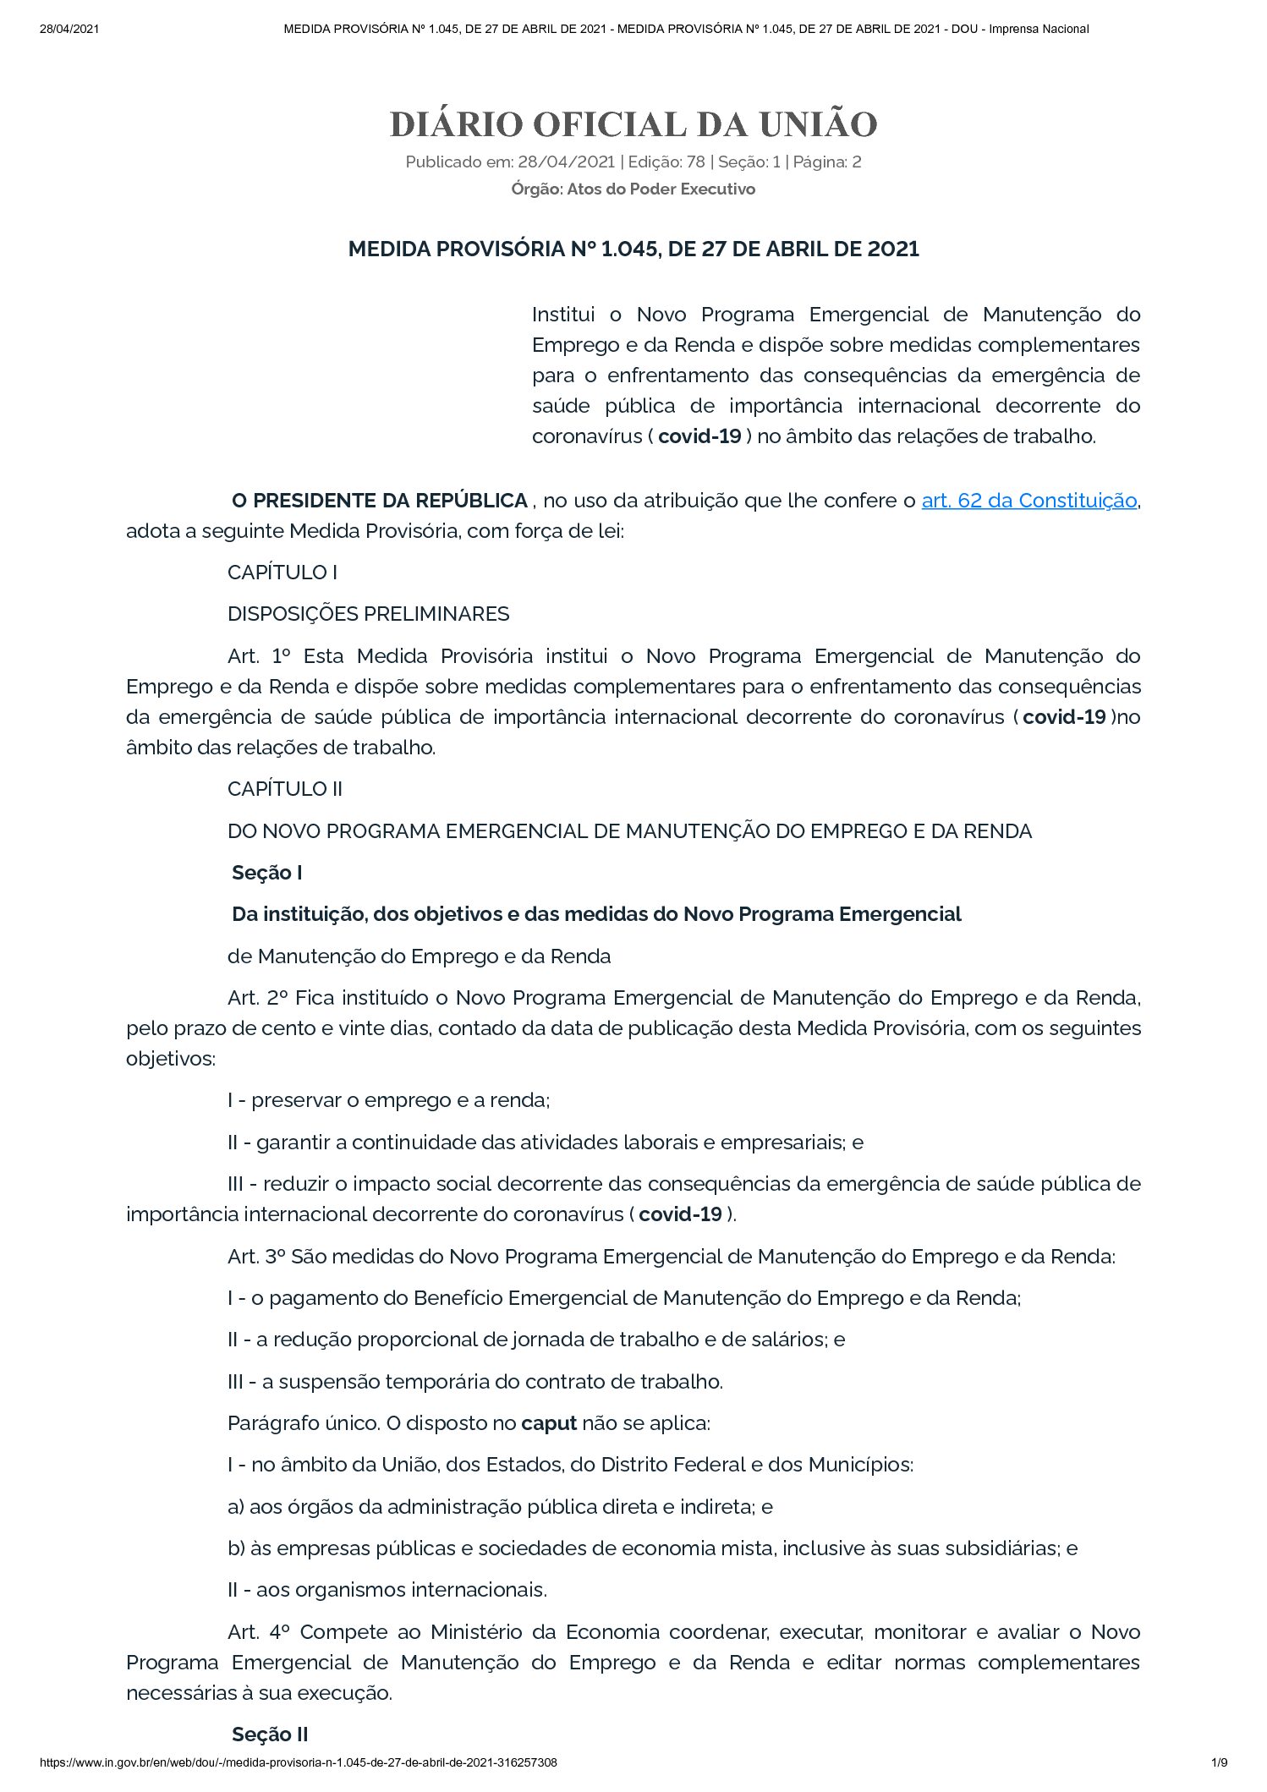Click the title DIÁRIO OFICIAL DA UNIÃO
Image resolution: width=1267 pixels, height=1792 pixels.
point(633,124)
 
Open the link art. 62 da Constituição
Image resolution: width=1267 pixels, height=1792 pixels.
point(1028,501)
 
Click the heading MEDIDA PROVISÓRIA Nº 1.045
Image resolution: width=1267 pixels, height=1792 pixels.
point(633,249)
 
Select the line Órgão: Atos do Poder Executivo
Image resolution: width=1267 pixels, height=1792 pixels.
point(633,189)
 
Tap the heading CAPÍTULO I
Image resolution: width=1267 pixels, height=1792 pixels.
point(282,573)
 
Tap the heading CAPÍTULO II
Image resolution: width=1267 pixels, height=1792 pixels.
point(285,789)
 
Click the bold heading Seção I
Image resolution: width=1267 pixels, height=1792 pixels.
point(267,873)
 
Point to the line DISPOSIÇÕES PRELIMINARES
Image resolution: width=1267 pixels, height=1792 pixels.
point(368,614)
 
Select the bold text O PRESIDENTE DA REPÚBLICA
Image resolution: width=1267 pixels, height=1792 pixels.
point(380,501)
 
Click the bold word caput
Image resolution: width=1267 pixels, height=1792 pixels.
point(549,1423)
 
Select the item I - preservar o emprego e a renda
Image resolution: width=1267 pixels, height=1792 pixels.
point(388,1100)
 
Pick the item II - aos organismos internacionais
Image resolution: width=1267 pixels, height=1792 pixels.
point(387,1590)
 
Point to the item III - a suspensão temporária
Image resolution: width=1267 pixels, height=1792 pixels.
point(474,1382)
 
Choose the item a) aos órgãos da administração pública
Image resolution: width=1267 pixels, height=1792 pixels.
point(500,1506)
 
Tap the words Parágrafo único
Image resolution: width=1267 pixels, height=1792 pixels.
point(304,1423)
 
